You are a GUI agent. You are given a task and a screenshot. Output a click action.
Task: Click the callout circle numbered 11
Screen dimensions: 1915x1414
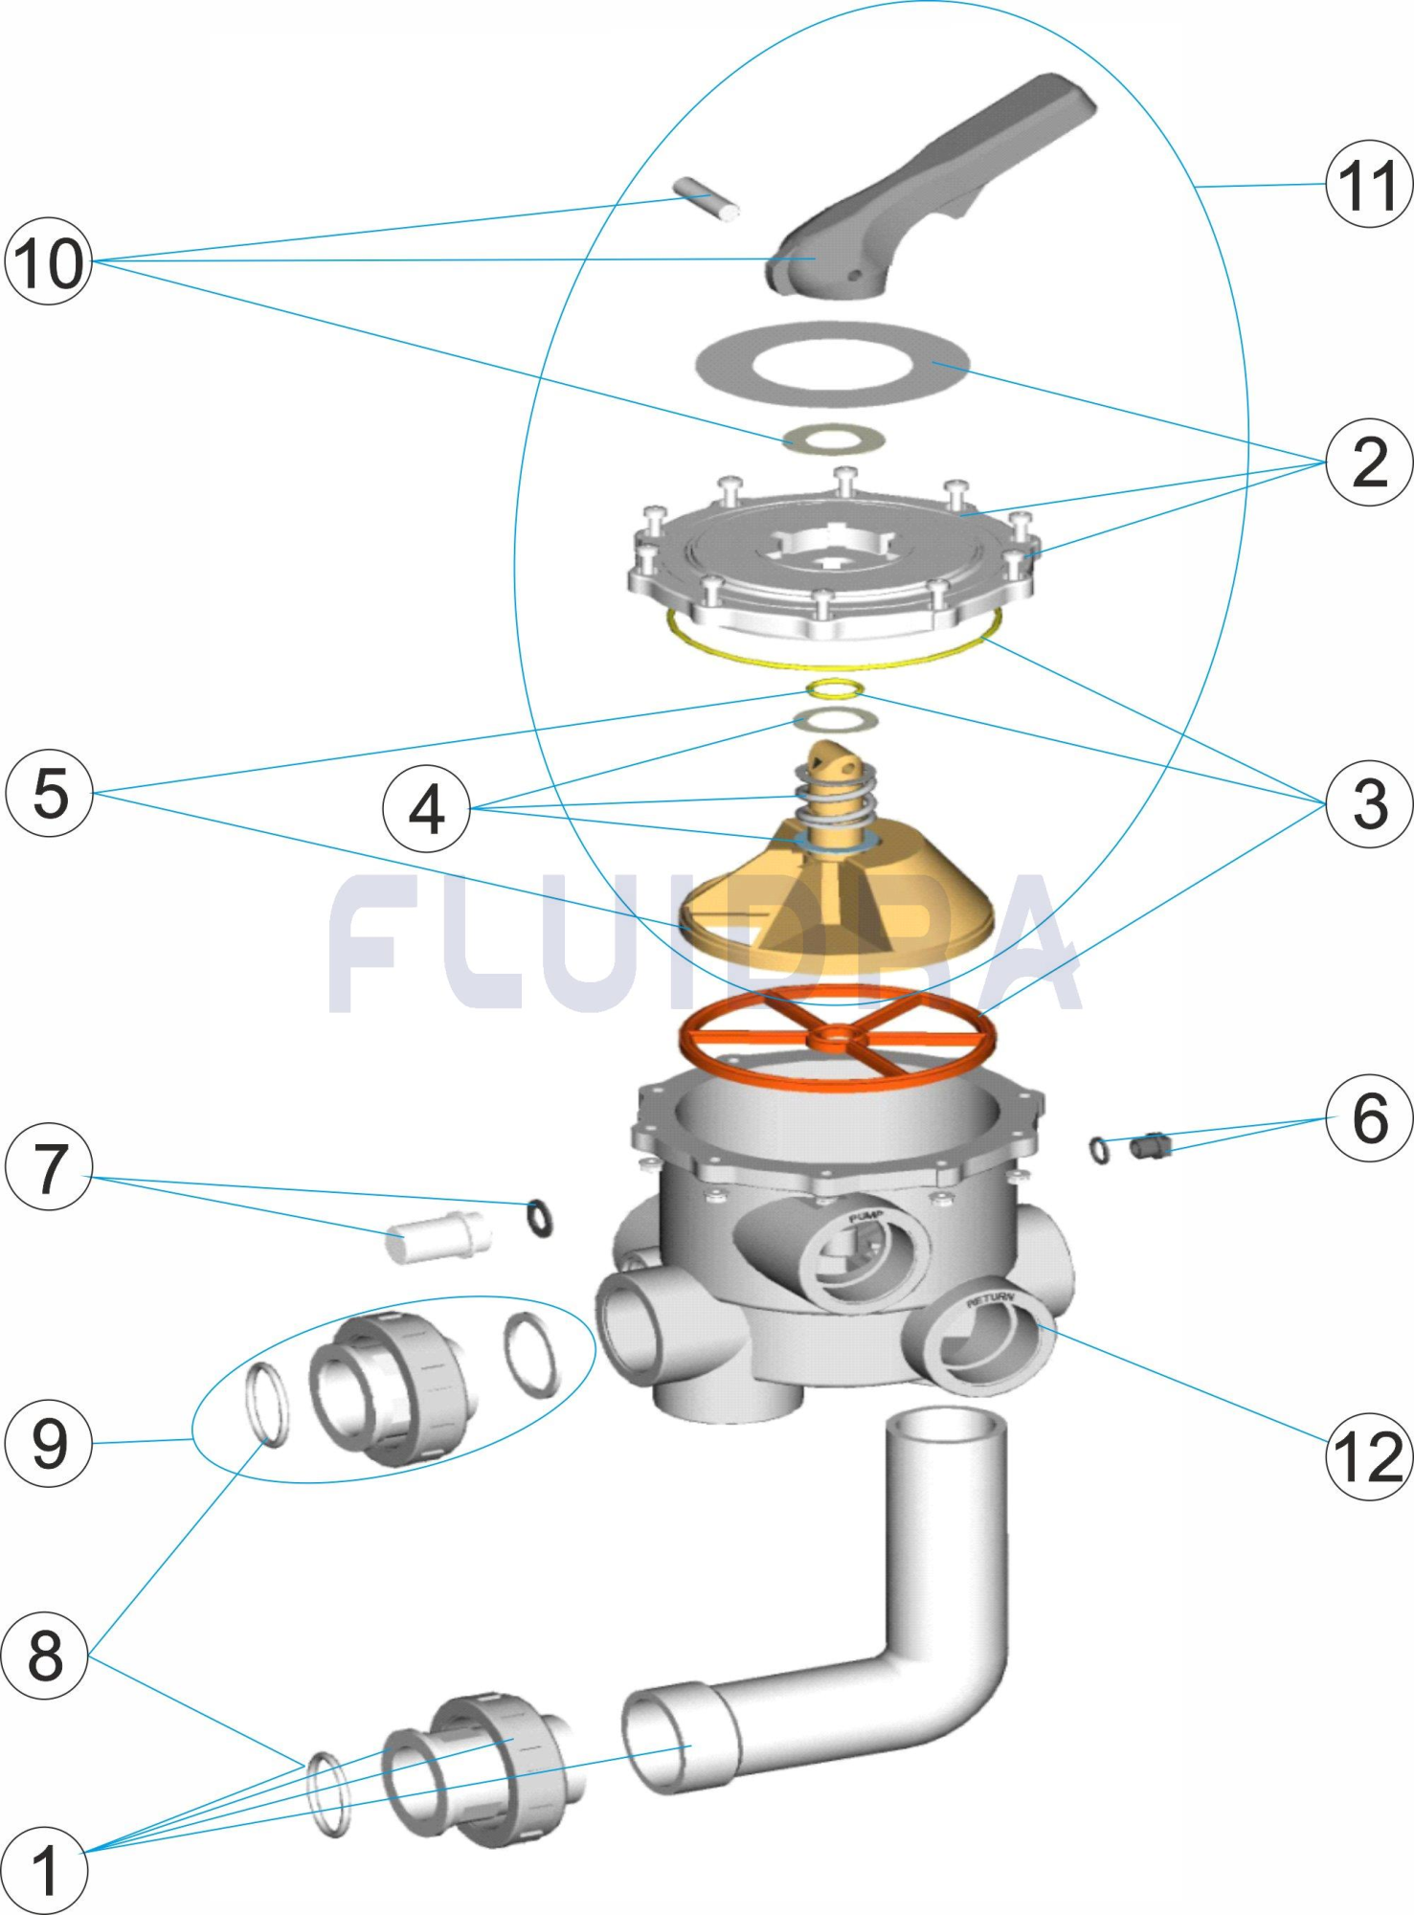[x=1368, y=184]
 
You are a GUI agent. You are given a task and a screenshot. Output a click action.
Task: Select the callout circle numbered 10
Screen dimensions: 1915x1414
[x=48, y=261]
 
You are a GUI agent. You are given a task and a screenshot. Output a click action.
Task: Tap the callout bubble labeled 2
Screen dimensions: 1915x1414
[x=1369, y=462]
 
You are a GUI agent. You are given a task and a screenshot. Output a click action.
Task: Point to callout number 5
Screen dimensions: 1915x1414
[x=50, y=793]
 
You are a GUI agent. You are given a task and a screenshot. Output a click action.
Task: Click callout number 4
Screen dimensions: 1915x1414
[x=426, y=809]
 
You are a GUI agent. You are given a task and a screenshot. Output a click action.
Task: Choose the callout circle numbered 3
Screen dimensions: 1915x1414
[x=1369, y=803]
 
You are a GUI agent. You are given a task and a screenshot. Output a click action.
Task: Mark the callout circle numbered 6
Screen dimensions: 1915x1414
[x=1369, y=1118]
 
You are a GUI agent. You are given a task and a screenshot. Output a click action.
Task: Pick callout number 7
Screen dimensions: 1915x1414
[x=49, y=1167]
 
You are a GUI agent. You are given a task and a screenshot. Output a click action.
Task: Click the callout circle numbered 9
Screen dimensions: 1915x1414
[x=49, y=1443]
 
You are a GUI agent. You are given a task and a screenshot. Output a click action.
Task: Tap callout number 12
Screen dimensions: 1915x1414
[x=1369, y=1456]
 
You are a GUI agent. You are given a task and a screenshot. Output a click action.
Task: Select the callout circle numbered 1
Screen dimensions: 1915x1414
[x=44, y=1870]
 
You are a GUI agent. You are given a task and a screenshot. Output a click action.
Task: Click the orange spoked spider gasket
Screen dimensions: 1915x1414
[x=837, y=1039]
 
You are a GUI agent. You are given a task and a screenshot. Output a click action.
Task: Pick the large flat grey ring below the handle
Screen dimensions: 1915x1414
[x=831, y=365]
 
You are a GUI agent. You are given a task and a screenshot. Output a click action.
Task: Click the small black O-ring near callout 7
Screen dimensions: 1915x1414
[x=540, y=1218]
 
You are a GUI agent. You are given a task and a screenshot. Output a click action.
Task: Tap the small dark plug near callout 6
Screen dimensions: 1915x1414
[x=1150, y=1144]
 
